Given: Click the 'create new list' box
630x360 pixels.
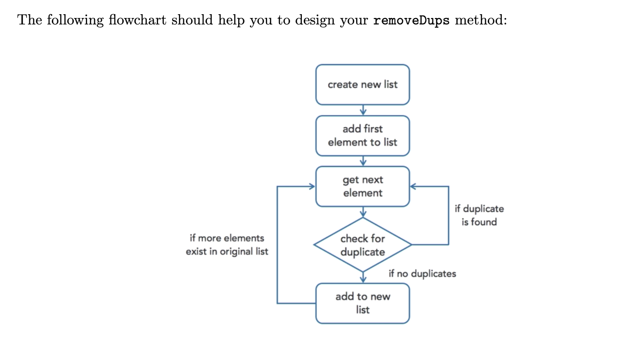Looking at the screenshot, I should (362, 85).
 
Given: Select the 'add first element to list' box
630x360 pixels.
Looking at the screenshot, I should (362, 135).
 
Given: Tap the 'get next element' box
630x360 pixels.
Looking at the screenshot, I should (362, 186).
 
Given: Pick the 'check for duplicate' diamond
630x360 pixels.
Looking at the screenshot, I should (362, 245).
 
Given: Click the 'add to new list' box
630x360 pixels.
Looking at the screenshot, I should (362, 303).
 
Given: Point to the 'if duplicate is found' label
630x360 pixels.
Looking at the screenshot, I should (479, 215).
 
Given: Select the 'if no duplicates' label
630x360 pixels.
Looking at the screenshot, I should (422, 273).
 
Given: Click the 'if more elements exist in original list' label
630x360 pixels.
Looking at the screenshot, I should (227, 245).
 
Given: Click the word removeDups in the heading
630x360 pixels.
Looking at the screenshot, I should (411, 21).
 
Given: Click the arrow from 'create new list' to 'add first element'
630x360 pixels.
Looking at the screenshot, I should (363, 110).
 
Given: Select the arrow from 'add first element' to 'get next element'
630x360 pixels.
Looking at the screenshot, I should (363, 161).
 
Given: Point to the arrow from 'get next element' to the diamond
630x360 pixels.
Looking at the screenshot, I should (363, 212).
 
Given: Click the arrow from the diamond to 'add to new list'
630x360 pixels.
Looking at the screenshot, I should (363, 277).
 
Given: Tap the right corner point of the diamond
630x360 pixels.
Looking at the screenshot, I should (411, 245).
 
